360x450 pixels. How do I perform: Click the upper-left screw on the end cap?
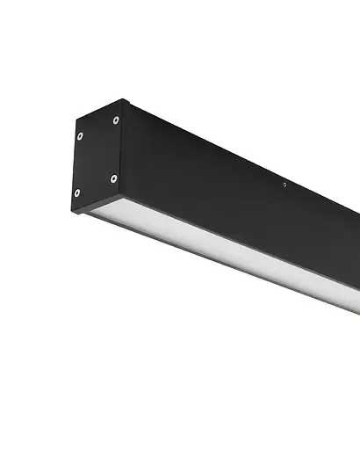(x=80, y=136)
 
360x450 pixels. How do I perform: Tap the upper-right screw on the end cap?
(x=116, y=120)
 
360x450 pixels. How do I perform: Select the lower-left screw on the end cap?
(x=76, y=192)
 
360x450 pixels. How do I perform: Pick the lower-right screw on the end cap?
(x=113, y=178)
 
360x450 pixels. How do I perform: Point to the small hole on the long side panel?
(x=284, y=185)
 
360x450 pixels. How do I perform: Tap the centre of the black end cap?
(x=97, y=156)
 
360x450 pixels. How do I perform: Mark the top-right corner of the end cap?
(x=123, y=100)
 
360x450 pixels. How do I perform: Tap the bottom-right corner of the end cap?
(x=121, y=196)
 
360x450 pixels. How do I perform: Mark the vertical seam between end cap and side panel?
(x=122, y=149)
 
